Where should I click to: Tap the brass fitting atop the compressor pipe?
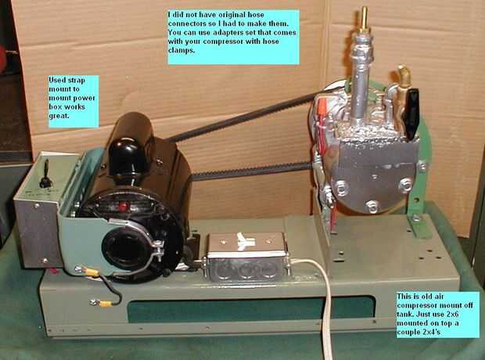point(364,20)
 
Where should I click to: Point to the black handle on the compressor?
point(412,113)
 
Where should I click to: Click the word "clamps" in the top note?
point(181,50)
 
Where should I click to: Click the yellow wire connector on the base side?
point(102,302)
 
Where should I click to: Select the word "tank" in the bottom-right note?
point(404,314)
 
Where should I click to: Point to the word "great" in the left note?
point(59,116)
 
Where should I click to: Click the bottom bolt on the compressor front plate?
point(372,206)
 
